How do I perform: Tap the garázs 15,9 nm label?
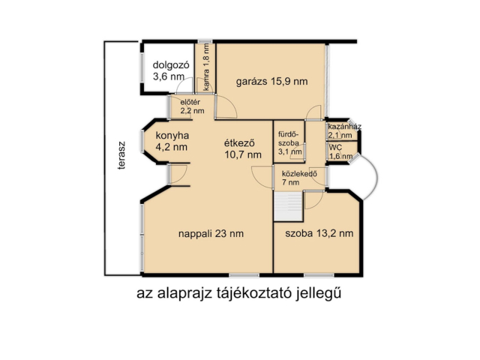pos(271,81)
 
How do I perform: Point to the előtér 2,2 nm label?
pos(192,106)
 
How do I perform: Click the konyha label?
pos(171,135)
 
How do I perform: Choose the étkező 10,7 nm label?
pos(241,148)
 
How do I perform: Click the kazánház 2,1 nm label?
pos(343,130)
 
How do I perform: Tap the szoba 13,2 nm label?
pos(319,233)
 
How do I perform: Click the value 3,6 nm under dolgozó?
pos(168,76)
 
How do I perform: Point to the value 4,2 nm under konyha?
pos(171,147)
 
